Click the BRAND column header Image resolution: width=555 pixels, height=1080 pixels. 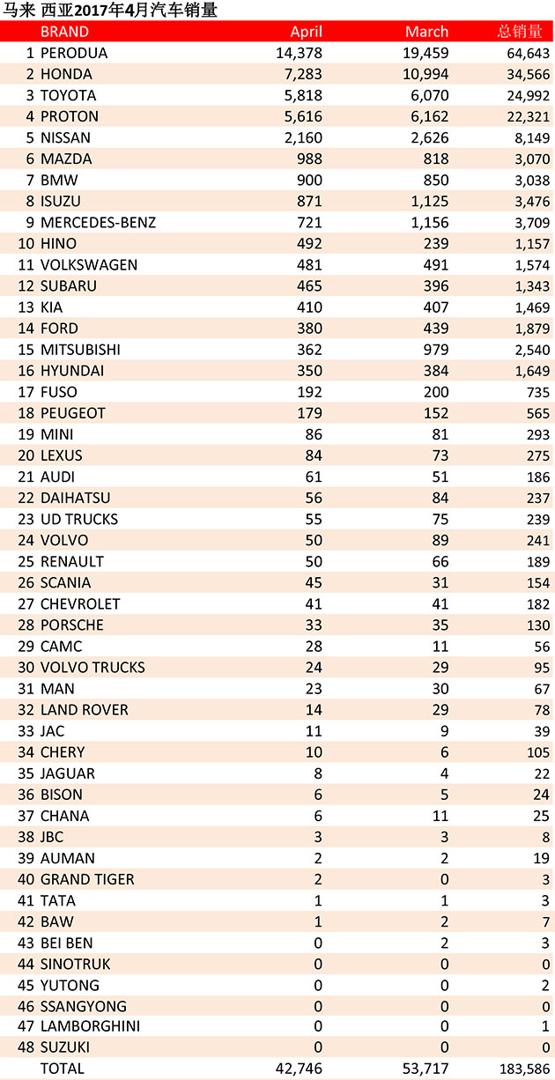click(x=64, y=32)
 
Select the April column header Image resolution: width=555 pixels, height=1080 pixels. click(x=306, y=32)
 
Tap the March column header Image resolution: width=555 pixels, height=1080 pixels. click(x=426, y=32)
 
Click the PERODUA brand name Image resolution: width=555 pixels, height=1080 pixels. click(x=74, y=53)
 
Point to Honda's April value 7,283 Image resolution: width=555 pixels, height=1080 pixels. click(x=303, y=74)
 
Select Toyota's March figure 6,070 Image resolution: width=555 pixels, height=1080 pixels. click(x=429, y=95)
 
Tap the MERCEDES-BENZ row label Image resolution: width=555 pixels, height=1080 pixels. click(x=98, y=223)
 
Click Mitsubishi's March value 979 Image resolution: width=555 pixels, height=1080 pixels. click(x=436, y=350)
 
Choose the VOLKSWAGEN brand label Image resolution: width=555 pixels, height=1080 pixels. click(x=89, y=265)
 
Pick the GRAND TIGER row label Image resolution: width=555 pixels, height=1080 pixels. click(x=87, y=879)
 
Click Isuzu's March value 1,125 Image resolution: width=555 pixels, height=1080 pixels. click(x=429, y=202)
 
